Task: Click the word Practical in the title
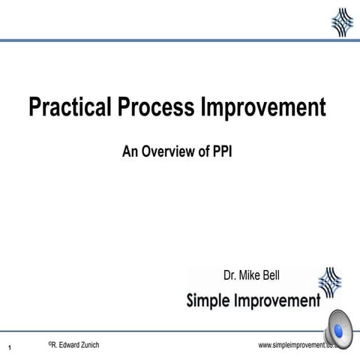coord(70,108)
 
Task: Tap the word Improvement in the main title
coord(263,108)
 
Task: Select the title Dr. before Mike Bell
coord(231,275)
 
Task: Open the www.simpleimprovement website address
coord(296,345)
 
